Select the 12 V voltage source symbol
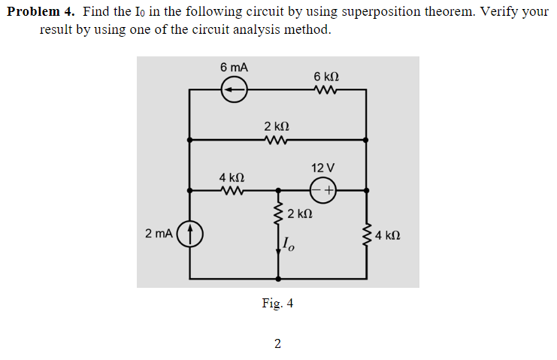[x=324, y=190]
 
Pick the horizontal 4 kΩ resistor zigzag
[x=231, y=191]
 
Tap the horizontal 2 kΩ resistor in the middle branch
[x=276, y=139]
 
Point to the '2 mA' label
[x=159, y=234]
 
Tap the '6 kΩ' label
[x=326, y=76]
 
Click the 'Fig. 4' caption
[x=277, y=304]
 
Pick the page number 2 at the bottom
[x=277, y=344]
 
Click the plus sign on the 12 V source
[x=328, y=190]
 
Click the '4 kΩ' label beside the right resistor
[x=389, y=236]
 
